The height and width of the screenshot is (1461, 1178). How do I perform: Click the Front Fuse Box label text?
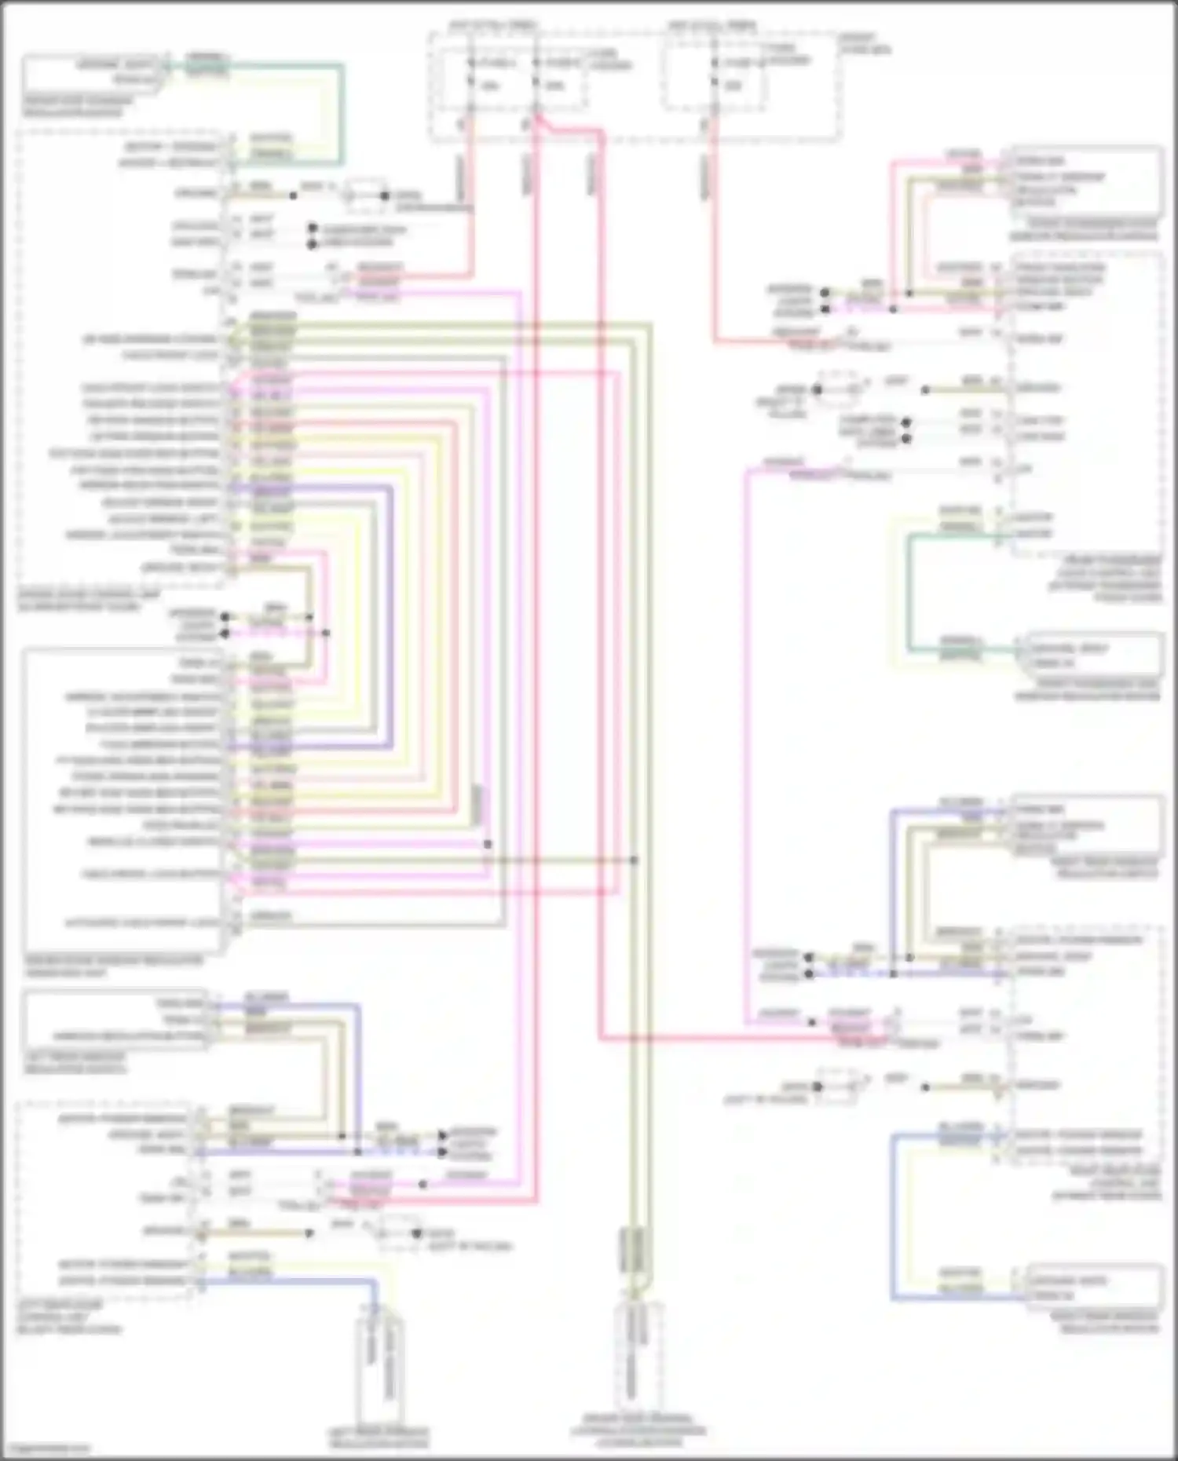click(865, 43)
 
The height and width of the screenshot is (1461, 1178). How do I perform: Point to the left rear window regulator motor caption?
click(378, 1437)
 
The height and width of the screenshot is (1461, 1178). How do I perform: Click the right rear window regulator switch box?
click(1084, 827)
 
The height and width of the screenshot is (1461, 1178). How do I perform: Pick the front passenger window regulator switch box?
click(1084, 181)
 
